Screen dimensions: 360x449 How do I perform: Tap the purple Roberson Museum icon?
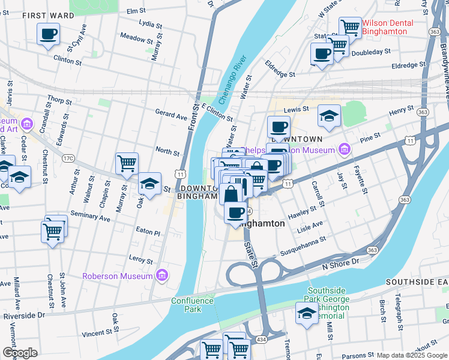pyautogui.click(x=161, y=275)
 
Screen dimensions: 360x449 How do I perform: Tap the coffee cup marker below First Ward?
pyautogui.click(x=48, y=34)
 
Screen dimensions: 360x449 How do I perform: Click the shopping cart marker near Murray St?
pyautogui.click(x=127, y=164)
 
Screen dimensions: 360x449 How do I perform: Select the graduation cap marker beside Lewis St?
pyautogui.click(x=329, y=116)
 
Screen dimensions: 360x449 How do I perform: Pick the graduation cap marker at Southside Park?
pyautogui.click(x=307, y=313)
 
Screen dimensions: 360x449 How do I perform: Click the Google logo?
pyautogui.click(x=20, y=353)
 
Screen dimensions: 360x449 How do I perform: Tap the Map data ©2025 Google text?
pyautogui.click(x=412, y=355)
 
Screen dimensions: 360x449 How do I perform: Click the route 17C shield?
pyautogui.click(x=68, y=158)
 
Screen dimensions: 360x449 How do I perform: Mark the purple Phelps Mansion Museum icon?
pyautogui.click(x=344, y=148)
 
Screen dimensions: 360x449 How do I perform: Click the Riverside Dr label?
pyautogui.click(x=24, y=314)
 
